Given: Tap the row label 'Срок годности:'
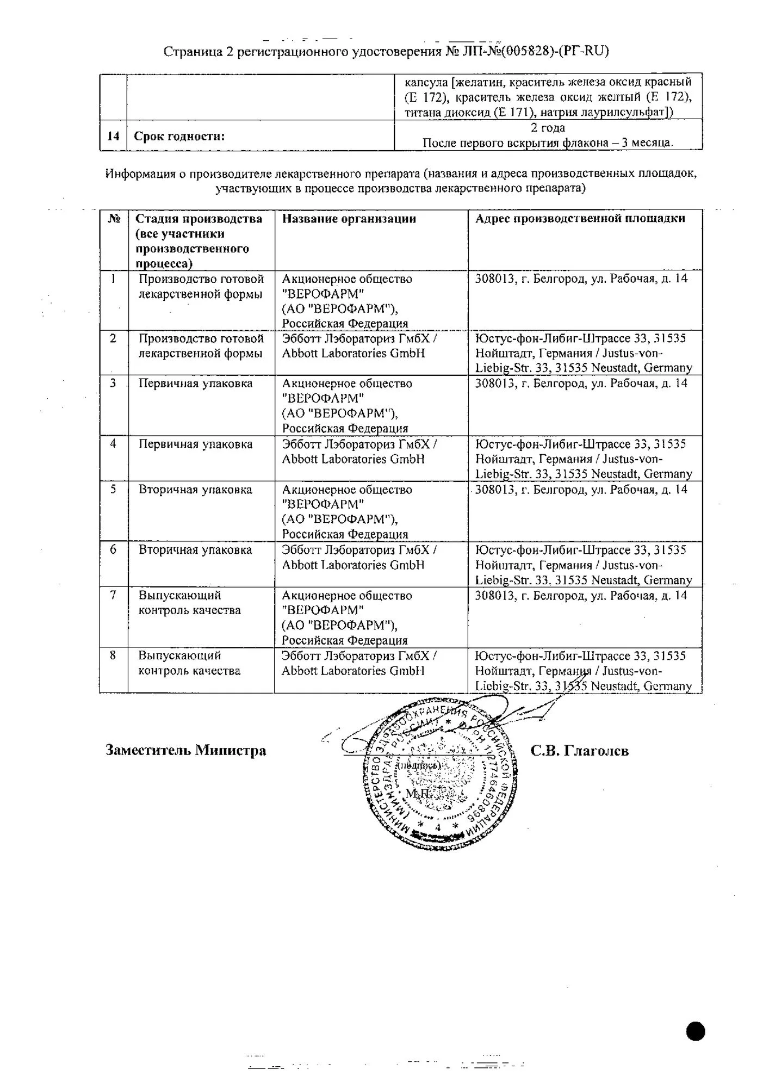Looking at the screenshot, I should (x=179, y=136).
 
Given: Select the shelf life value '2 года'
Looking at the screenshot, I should (x=548, y=128).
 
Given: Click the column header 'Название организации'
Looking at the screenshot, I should (x=349, y=219).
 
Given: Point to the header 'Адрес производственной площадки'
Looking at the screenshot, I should (x=580, y=219).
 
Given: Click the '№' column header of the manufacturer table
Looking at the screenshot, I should (x=114, y=219).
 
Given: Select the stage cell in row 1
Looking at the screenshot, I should (x=201, y=286).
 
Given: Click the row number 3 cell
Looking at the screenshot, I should (x=113, y=383).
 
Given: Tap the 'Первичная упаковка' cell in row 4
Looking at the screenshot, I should (x=195, y=444).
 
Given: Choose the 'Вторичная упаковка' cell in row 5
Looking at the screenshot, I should (x=195, y=490).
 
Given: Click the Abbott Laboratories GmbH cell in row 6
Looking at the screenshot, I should (x=359, y=558).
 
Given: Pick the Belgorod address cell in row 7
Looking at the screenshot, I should (x=581, y=596).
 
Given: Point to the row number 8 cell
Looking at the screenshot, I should (x=113, y=656).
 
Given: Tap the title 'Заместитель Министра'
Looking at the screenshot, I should (x=185, y=751).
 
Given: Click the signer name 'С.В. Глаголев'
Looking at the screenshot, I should (x=579, y=751).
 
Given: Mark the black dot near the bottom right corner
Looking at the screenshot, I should (x=696, y=1031).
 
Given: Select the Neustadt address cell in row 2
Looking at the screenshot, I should (x=584, y=353).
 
